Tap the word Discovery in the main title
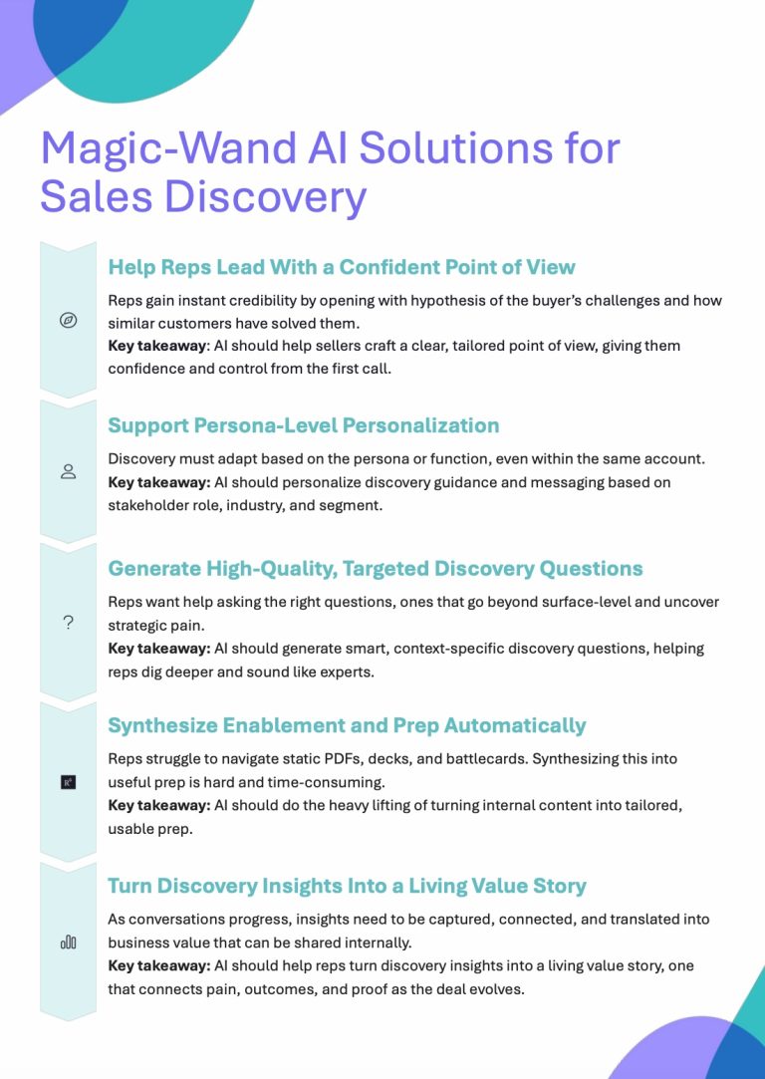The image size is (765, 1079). (266, 197)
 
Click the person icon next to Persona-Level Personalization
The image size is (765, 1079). (68, 471)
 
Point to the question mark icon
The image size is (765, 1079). (68, 624)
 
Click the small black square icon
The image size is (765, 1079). (68, 782)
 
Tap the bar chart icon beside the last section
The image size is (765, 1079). (68, 943)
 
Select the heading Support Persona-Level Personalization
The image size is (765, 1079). (304, 425)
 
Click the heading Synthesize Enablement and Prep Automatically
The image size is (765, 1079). (347, 725)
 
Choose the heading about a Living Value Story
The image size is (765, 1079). (347, 885)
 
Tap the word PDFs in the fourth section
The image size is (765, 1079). (308, 759)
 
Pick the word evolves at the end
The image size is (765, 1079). (498, 989)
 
